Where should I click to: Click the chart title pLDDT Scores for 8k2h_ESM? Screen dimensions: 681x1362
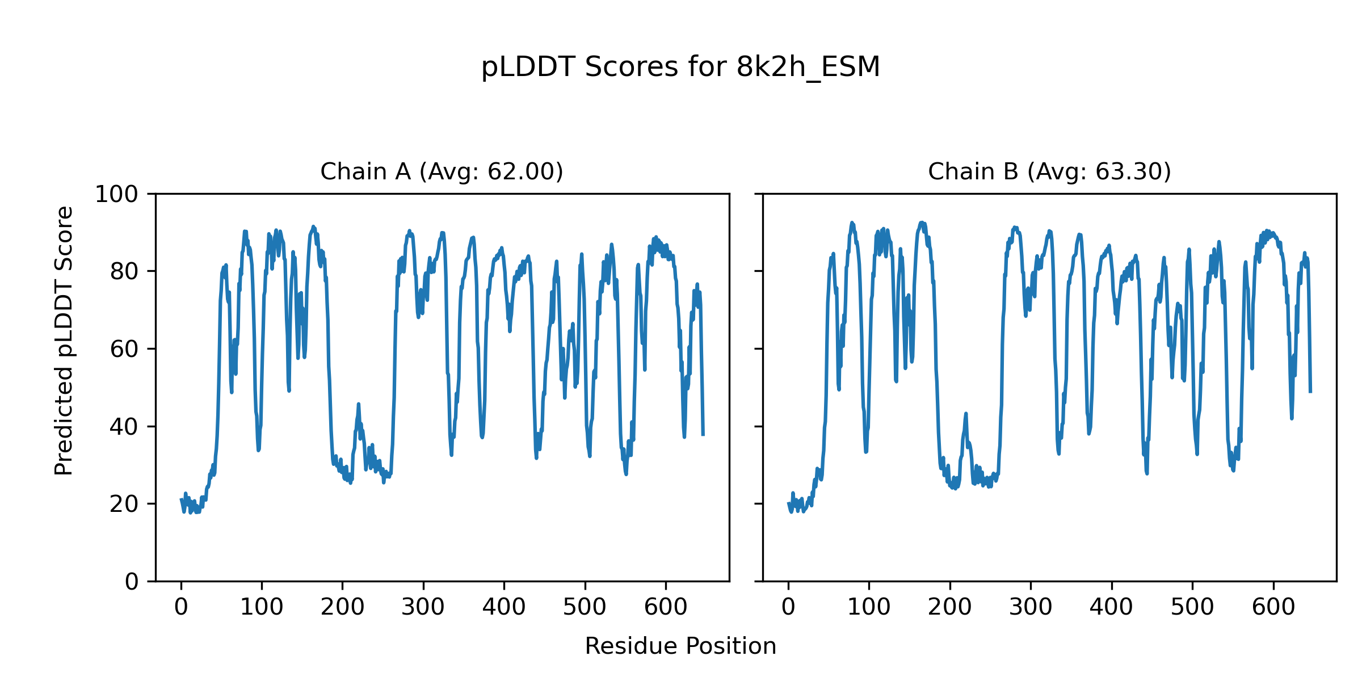click(x=680, y=68)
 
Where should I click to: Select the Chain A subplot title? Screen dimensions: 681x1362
click(x=442, y=171)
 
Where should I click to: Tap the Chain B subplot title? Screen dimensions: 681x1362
click(x=1049, y=171)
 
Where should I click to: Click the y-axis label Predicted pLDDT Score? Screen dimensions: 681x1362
click(x=64, y=340)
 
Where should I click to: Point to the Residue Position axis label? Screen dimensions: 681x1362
click(x=680, y=646)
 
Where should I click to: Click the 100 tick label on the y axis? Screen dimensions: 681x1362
click(x=116, y=195)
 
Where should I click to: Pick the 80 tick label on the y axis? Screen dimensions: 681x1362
click(x=124, y=272)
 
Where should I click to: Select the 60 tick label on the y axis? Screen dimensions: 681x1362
click(x=124, y=349)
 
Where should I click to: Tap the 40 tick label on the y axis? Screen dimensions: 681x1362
click(x=124, y=427)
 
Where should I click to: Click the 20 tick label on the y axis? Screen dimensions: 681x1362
click(x=124, y=504)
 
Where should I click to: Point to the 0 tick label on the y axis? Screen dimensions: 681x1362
click(x=132, y=582)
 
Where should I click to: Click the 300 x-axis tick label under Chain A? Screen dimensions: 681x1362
click(x=423, y=608)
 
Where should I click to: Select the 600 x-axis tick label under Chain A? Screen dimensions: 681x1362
click(x=666, y=608)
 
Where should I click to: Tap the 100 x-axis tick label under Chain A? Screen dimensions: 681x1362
click(x=262, y=608)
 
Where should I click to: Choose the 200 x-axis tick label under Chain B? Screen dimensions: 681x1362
click(x=949, y=608)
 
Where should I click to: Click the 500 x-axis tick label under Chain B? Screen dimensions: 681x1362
click(x=1192, y=608)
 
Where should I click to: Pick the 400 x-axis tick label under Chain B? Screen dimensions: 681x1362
click(x=1111, y=608)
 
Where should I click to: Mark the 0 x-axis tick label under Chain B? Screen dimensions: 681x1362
click(x=788, y=608)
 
